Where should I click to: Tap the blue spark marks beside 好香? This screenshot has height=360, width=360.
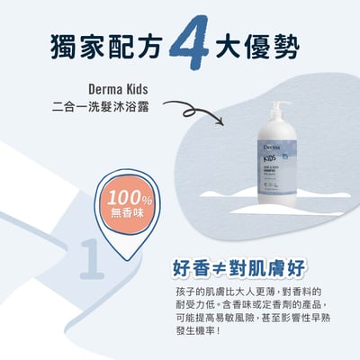point(172,256)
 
